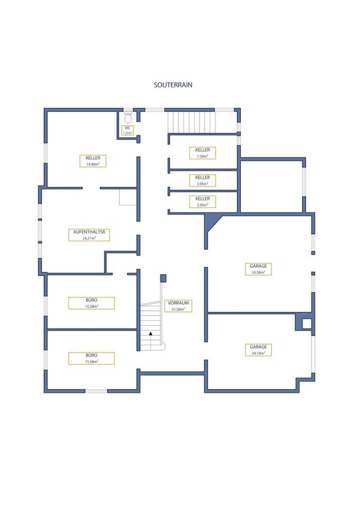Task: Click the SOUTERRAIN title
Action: click(x=173, y=84)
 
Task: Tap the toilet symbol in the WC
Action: click(x=128, y=117)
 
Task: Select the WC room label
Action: click(x=128, y=130)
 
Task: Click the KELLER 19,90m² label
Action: click(x=93, y=161)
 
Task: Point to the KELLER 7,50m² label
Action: click(x=202, y=153)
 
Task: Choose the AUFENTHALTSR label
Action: click(x=89, y=235)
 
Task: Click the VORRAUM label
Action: click(x=179, y=306)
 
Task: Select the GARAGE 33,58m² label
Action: click(x=258, y=269)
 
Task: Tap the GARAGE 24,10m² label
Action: click(x=258, y=350)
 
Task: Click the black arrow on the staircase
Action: click(x=150, y=333)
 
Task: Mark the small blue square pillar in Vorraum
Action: click(x=164, y=278)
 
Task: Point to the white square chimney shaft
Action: click(x=307, y=323)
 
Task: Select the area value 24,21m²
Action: click(x=89, y=238)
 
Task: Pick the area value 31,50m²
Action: click(x=179, y=309)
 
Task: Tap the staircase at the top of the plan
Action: click(x=192, y=122)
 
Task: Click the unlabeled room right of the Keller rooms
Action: click(x=271, y=186)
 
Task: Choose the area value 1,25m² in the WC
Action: click(x=128, y=133)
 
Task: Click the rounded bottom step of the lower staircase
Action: click(x=164, y=346)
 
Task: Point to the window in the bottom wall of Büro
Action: click(x=96, y=391)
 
